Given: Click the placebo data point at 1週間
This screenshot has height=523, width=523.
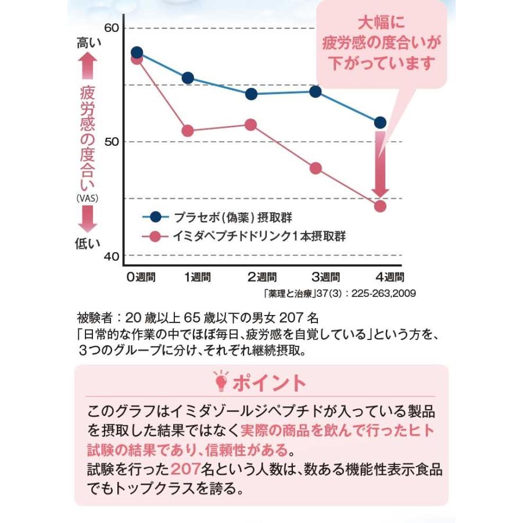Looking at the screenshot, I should pos(188,78).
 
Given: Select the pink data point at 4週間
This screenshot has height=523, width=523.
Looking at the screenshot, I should pos(380,206).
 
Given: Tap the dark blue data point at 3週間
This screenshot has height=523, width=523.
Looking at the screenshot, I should pos(316,91).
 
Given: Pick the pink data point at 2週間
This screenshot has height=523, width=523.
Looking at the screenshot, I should pos(251,124).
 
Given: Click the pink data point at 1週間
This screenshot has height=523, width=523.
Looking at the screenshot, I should pos(188,131).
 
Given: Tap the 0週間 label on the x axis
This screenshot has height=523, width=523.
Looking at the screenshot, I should pos(141,277).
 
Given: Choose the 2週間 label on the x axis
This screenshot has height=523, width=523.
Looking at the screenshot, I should pos(263,277).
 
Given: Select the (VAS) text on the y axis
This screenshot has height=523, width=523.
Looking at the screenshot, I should pos(88,198).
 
